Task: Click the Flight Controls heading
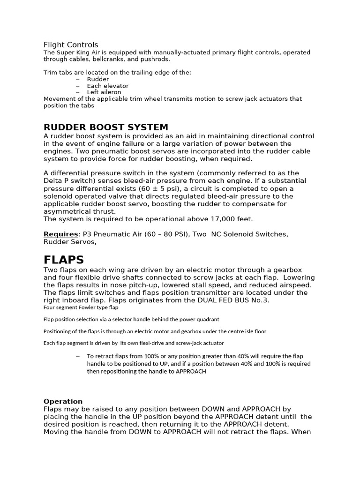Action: pyautogui.click(x=71, y=45)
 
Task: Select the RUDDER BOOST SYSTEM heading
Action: pyautogui.click(x=105, y=127)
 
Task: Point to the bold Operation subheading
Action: pyautogui.click(x=63, y=401)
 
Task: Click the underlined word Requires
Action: pyautogui.click(x=60, y=234)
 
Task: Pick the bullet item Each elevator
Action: pyautogui.click(x=108, y=86)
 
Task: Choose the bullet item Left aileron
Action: pyautogui.click(x=104, y=92)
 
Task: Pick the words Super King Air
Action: pyautogui.click(x=77, y=52)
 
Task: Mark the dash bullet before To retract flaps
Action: pyautogui.click(x=78, y=356)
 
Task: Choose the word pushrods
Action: pyautogui.click(x=157, y=60)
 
